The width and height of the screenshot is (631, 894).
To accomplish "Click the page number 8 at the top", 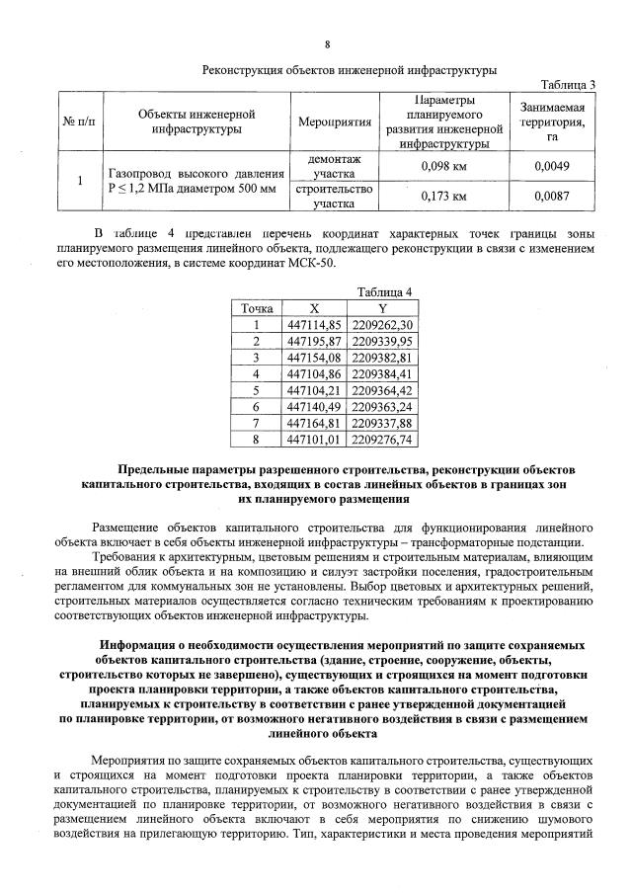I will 327,44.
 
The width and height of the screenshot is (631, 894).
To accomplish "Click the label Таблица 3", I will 570,85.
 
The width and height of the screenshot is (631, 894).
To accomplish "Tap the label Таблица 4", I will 384,291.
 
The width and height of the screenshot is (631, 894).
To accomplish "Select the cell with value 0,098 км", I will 443,166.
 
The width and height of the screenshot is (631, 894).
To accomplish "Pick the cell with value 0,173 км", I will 443,197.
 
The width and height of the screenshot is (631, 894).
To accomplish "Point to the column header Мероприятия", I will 334,122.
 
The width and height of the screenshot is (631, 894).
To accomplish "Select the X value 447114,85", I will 312,324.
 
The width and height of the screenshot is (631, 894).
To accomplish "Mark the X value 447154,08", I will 312,357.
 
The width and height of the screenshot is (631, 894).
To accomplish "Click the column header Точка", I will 255,307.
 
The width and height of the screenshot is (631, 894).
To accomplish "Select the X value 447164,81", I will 312,422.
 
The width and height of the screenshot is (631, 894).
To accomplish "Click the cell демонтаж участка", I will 334,166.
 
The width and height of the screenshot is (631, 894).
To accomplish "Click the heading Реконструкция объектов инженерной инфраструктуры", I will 349,69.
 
